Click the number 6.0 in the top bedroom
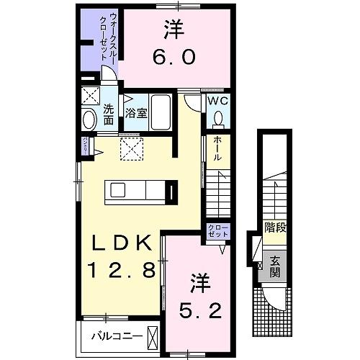pyautogui.click(x=174, y=56)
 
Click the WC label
pyautogui.click(x=218, y=102)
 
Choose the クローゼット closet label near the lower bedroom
pyautogui.click(x=217, y=231)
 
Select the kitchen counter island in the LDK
pyautogui.click(x=141, y=189)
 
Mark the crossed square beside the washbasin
pyautogui.click(x=89, y=95)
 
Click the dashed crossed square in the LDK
pyautogui.click(x=131, y=151)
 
